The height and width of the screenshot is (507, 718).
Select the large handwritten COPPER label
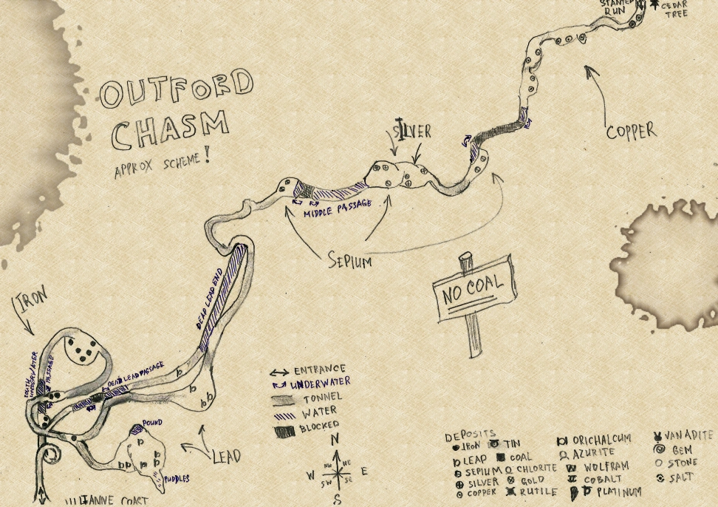[630, 132]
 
